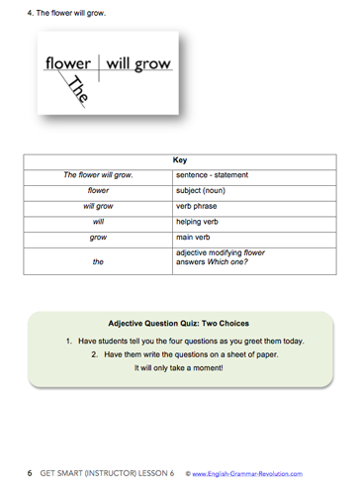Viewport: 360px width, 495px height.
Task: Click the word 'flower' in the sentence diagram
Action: pos(67,62)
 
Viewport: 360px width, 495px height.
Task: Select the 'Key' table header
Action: pos(179,158)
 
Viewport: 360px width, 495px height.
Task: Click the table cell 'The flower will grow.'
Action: pos(99,175)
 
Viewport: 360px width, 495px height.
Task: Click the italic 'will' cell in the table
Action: pos(99,223)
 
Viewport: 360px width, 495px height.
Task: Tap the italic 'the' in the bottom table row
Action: pos(99,262)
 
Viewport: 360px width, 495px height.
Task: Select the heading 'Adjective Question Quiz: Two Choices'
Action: pos(179,324)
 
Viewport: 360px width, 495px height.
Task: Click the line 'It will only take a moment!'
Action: pos(179,368)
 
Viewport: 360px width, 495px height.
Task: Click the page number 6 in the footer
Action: pos(30,473)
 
